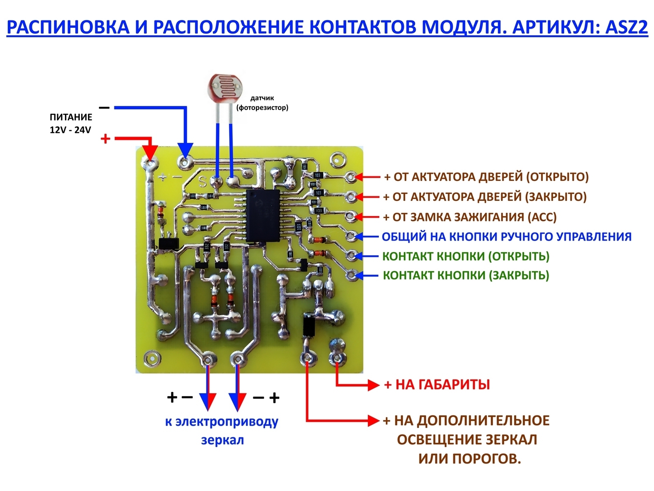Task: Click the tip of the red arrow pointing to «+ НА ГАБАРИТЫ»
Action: click(379, 385)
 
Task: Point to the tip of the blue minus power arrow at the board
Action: click(185, 158)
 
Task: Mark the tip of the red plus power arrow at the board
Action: click(150, 161)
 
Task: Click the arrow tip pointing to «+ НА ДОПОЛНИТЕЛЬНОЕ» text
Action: click(379, 421)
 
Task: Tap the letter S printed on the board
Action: click(203, 182)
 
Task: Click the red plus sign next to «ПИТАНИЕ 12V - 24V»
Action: click(105, 139)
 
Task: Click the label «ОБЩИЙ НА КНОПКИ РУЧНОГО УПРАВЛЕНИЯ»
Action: click(506, 237)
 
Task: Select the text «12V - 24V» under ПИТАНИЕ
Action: click(70, 130)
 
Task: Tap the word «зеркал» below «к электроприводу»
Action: click(222, 440)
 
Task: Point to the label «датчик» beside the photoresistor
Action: click(262, 98)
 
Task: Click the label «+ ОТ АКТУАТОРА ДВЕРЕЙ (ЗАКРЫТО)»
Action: click(485, 197)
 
